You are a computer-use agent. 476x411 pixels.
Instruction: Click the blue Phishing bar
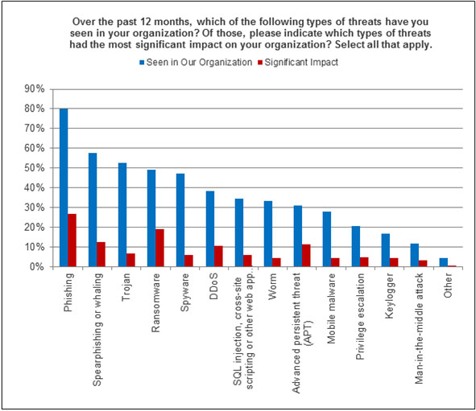64,187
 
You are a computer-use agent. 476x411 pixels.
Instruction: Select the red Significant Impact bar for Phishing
72,240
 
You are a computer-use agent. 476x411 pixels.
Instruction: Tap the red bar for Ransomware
159,248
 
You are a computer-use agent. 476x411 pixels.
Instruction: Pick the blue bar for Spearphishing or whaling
93,210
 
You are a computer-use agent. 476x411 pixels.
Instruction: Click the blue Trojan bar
122,215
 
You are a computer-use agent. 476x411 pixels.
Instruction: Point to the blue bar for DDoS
210,229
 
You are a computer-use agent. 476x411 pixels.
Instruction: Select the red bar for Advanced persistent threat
306,256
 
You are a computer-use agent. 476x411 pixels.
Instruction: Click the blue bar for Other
444,262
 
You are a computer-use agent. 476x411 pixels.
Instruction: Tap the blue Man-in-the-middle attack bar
415,255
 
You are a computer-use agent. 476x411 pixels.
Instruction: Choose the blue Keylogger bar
386,250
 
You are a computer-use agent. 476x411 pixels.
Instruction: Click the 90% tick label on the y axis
35,89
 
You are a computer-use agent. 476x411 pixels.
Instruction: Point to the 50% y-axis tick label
35,168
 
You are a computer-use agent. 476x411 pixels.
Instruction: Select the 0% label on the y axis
37,267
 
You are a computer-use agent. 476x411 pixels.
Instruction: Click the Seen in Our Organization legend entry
196,63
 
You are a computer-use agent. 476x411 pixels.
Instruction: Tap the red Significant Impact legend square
260,63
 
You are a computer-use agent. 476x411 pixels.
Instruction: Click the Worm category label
272,286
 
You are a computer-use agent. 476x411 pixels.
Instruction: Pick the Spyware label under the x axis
184,292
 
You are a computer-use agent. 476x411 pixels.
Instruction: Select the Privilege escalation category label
360,316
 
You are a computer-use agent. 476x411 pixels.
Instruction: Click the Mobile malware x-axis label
331,309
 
